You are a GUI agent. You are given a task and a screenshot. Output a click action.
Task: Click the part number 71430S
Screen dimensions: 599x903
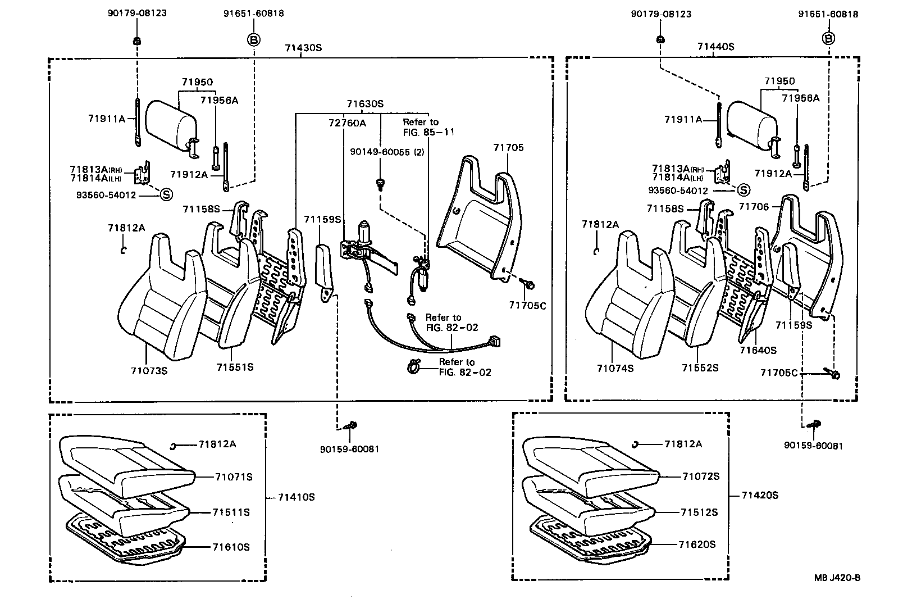click(x=303, y=48)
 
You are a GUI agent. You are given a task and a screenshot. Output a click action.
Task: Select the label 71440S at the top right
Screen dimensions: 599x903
click(x=715, y=47)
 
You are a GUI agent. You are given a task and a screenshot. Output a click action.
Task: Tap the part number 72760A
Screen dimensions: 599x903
click(x=347, y=123)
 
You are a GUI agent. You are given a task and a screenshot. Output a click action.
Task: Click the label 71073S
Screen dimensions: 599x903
click(x=149, y=370)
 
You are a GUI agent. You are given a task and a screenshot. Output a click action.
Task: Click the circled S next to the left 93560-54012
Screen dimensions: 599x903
click(x=166, y=194)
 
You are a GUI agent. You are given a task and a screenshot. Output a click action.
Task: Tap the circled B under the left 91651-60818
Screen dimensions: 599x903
click(x=254, y=39)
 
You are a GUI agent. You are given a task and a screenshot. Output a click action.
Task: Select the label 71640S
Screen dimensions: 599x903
click(x=758, y=350)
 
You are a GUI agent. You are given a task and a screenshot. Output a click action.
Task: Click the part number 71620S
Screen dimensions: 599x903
click(x=697, y=544)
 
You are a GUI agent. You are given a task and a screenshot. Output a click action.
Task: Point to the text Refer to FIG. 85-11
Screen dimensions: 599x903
click(x=428, y=127)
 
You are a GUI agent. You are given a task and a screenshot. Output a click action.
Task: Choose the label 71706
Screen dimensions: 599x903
click(x=754, y=207)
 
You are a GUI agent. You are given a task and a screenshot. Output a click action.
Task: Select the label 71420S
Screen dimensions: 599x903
click(x=760, y=495)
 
